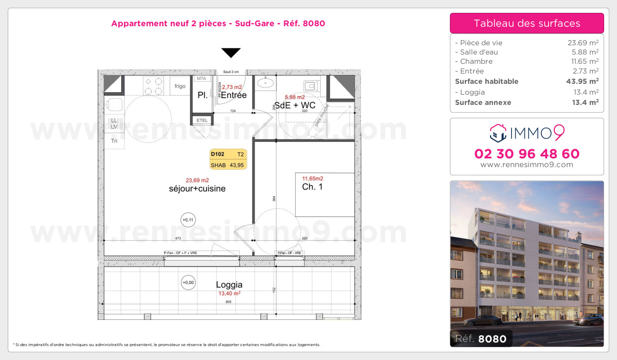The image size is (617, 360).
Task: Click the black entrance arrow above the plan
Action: tap(231, 52)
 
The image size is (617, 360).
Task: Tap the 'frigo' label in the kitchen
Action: tap(179, 86)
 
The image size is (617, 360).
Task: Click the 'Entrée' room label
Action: tap(233, 95)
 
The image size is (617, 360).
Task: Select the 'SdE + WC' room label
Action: tap(295, 105)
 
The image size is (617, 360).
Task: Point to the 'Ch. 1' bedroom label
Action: tap(312, 187)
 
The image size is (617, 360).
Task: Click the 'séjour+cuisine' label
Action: tap(197, 189)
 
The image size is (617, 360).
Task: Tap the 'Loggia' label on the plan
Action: tap(229, 284)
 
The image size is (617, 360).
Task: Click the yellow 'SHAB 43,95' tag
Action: tap(228, 165)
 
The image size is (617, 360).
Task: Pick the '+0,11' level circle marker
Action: tap(188, 220)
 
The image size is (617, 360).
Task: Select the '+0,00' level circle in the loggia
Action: tap(188, 282)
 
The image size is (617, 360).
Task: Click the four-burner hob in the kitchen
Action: tap(152, 85)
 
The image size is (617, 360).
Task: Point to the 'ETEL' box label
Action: tap(202, 120)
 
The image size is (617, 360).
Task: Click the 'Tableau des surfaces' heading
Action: tap(527, 23)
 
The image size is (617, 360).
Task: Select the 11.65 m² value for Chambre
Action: tap(583, 61)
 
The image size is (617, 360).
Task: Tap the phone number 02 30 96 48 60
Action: tap(527, 154)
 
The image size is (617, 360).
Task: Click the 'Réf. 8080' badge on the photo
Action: tap(481, 338)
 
